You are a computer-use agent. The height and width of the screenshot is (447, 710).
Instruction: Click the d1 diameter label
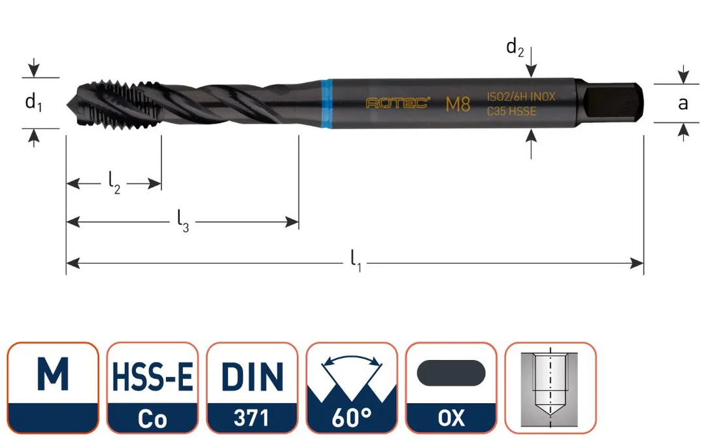33,103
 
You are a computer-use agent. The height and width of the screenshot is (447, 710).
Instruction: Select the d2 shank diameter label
515,47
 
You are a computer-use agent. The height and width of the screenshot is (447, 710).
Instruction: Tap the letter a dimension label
683,104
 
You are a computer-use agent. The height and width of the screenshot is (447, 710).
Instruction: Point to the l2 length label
114,184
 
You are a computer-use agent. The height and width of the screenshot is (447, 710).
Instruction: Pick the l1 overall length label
356,262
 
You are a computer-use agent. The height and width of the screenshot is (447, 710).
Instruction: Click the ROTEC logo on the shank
397,103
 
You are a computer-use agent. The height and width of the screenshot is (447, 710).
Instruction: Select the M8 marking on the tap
458,104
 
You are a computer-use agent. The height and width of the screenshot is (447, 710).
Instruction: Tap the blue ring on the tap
326,104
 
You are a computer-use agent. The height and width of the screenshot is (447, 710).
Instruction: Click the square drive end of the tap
612,103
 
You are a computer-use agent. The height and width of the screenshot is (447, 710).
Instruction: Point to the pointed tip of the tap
67,105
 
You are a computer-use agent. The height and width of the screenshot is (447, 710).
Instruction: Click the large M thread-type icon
53,388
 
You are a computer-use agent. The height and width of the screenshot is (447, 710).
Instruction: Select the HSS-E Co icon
152,388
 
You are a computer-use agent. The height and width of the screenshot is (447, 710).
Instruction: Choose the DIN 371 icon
252,388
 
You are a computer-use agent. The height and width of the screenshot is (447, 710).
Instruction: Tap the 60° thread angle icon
352,388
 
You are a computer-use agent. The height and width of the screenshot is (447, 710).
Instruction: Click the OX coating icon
452,388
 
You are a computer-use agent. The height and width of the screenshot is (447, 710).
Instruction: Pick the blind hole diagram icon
550,388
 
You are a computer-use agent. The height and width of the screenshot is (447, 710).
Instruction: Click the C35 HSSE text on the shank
512,111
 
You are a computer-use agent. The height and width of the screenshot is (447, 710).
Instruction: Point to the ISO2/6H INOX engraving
520,97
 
